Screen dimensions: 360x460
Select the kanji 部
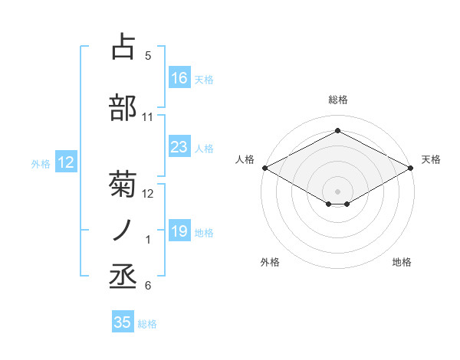pos(123,107)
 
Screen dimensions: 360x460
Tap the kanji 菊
pos(123,185)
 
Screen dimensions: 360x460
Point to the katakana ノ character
pos(123,231)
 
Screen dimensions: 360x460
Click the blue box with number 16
pos(179,77)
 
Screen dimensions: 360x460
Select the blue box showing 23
pos(179,147)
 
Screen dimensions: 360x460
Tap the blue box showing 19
pos(179,231)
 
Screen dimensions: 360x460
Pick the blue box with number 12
pos(65,162)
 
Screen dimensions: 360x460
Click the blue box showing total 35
pos(123,322)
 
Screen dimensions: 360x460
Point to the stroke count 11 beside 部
pos(148,117)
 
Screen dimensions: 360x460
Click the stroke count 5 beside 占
pos(148,56)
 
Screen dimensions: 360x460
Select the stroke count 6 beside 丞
pos(148,286)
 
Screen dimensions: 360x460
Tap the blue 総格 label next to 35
pos(147,324)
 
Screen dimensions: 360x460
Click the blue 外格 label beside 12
pos(41,163)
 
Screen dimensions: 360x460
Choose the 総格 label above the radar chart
pos(337,100)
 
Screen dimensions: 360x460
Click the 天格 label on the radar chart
pos(432,159)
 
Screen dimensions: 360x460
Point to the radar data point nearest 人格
pos(264,168)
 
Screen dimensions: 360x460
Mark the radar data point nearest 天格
pos(411,168)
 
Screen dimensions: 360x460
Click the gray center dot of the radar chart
pos(337,190)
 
